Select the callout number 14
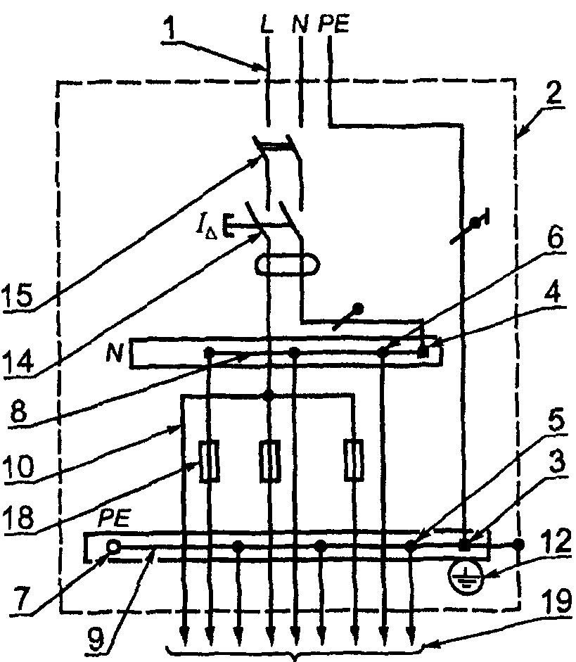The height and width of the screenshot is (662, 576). click(x=18, y=361)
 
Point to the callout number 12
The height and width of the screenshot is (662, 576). click(x=558, y=542)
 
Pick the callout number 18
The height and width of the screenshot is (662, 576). click(x=18, y=517)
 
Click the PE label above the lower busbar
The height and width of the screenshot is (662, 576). click(x=114, y=518)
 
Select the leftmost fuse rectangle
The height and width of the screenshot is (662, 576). click(x=208, y=461)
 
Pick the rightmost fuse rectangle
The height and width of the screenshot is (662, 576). click(x=354, y=461)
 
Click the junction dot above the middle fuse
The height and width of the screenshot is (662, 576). click(x=268, y=395)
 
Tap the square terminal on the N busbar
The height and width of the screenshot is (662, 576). click(x=423, y=352)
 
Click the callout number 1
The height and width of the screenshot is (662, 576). click(x=169, y=30)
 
